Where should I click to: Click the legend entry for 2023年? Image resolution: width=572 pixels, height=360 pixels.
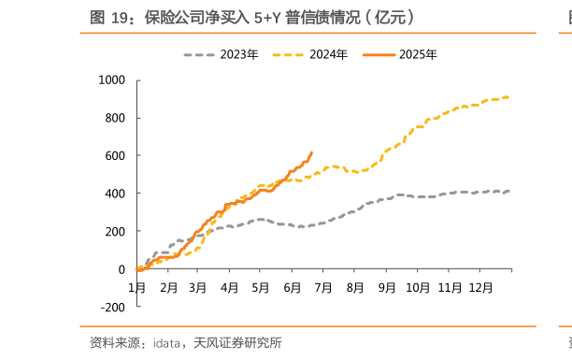click(221, 55)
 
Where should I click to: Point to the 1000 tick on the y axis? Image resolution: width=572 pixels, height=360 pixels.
click(111, 80)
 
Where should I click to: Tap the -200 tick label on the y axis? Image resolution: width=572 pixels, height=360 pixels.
click(113, 307)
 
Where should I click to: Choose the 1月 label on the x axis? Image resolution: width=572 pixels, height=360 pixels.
click(136, 287)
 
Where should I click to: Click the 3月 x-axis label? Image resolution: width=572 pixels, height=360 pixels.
click(198, 287)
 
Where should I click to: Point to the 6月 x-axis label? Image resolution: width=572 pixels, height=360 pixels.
click(293, 287)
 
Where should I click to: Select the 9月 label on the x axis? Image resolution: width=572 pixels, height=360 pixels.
click(387, 287)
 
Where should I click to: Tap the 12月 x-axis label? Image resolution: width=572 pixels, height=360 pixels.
click(481, 287)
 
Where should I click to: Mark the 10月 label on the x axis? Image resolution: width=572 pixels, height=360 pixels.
click(419, 287)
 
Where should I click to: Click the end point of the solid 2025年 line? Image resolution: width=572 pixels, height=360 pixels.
click(312, 152)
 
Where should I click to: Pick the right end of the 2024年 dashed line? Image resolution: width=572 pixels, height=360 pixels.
click(508, 96)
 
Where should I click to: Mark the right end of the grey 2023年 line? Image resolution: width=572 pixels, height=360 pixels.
click(508, 191)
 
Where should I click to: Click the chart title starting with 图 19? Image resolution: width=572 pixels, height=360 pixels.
click(252, 17)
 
